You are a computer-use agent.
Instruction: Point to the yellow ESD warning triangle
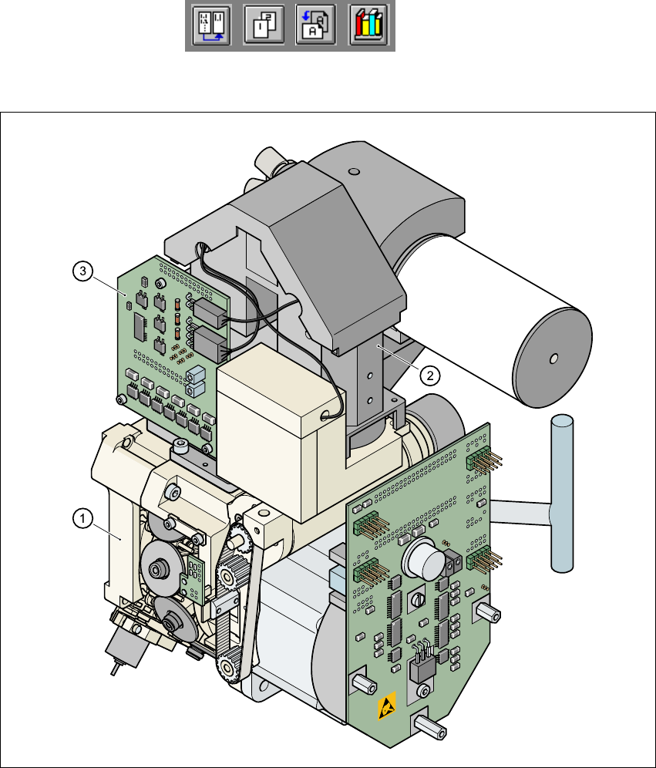[x=387, y=708]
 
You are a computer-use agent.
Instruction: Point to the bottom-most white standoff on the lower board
[x=428, y=726]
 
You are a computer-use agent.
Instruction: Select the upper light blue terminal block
[x=194, y=374]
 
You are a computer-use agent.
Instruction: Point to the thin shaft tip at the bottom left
[x=114, y=669]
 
